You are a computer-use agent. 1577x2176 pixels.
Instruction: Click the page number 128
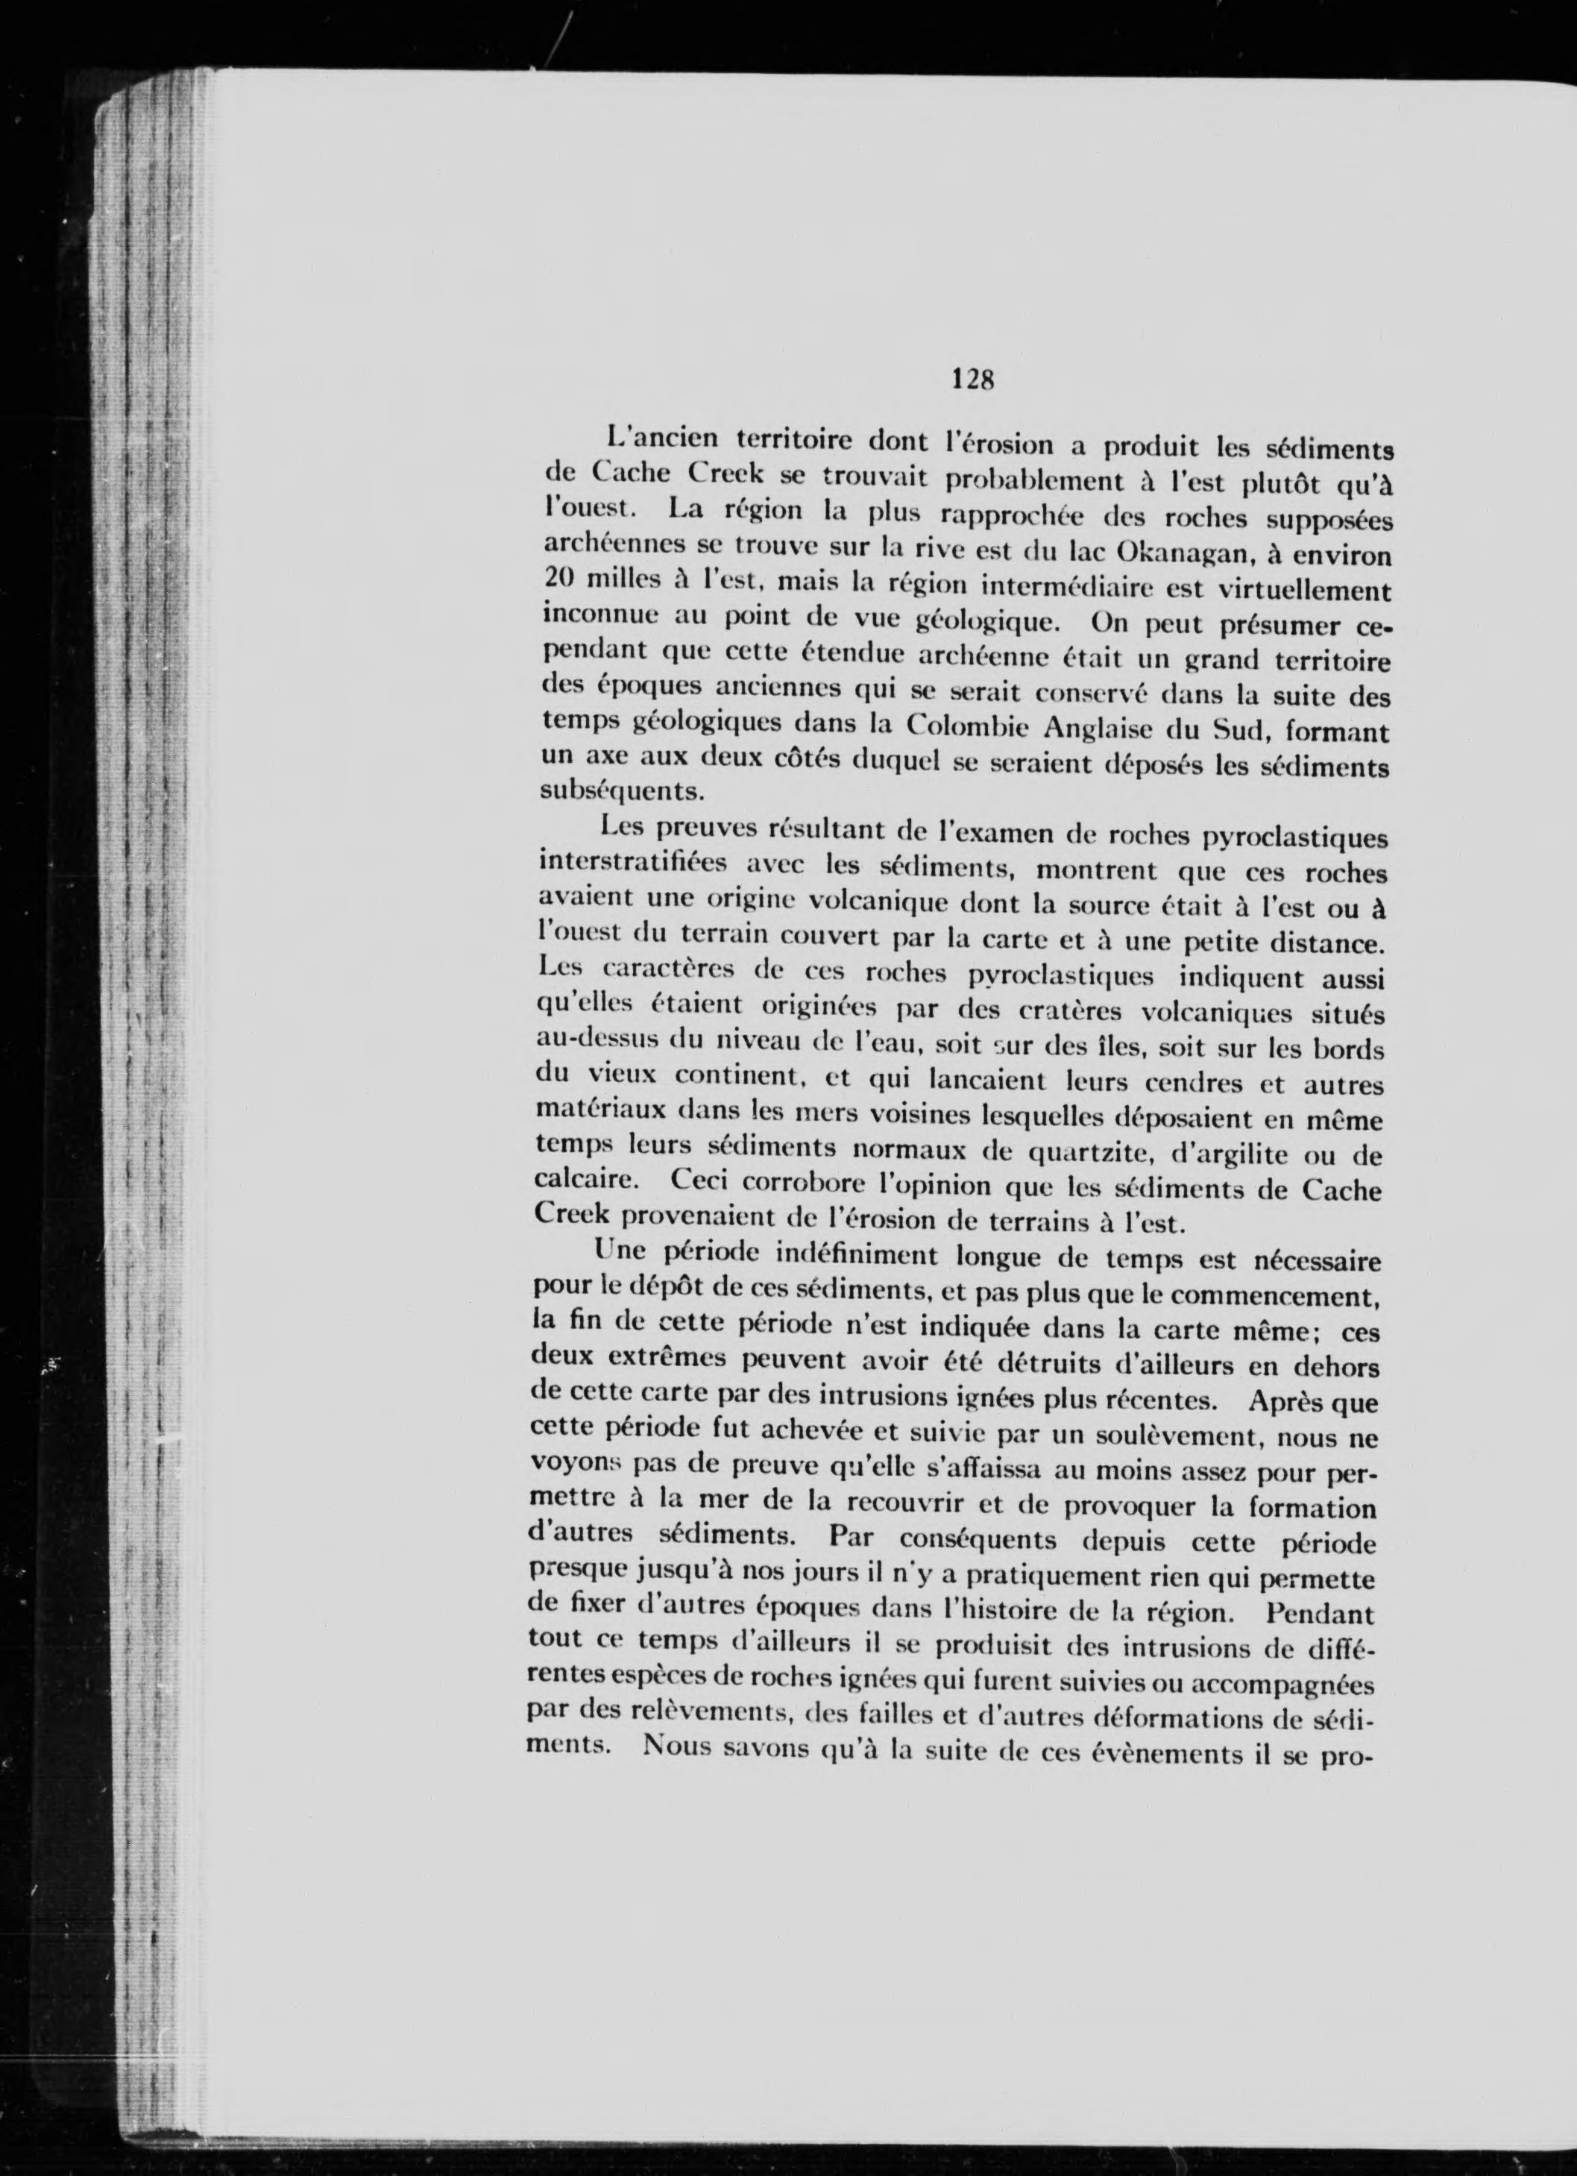971,378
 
